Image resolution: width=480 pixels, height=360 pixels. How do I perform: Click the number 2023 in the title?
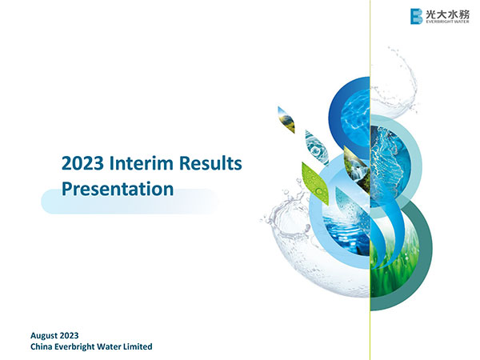click(81, 164)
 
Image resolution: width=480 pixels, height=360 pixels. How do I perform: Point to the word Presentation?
click(118, 190)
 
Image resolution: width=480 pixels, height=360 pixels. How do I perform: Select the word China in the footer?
click(42, 346)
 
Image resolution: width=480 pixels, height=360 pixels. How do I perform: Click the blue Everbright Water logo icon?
click(415, 16)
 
